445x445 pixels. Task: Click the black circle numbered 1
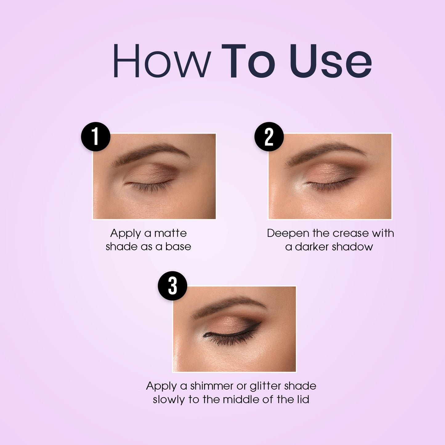(x=95, y=137)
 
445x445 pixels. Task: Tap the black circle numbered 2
(x=269, y=137)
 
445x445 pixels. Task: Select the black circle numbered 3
(x=172, y=286)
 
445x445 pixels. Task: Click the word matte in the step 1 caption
(x=170, y=233)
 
